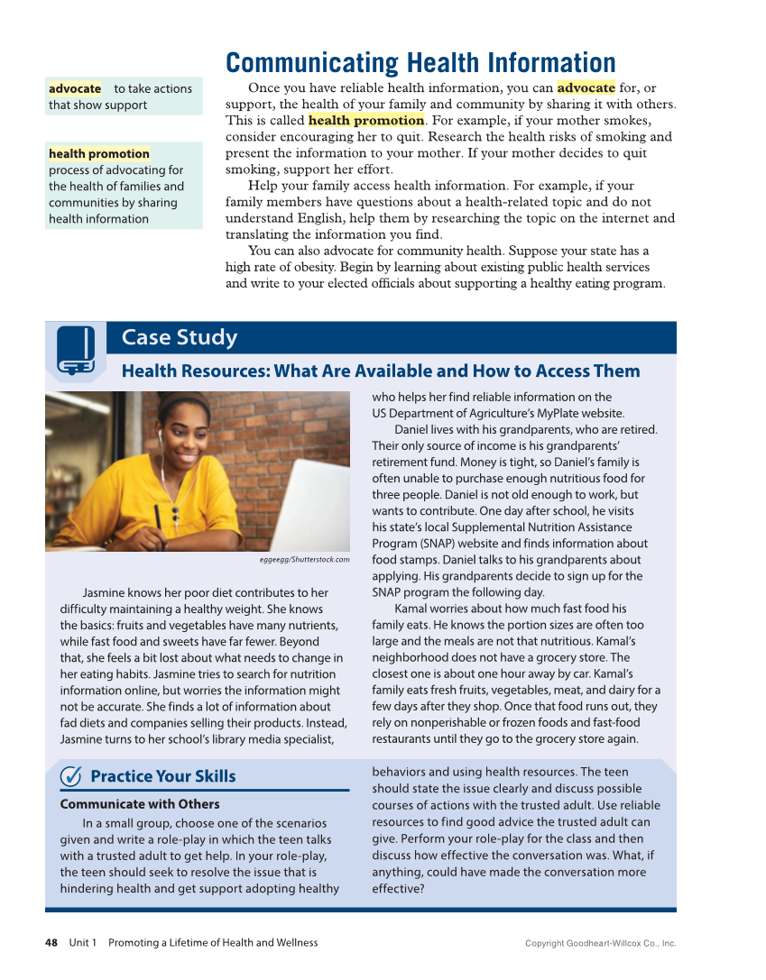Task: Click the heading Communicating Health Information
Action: (x=420, y=63)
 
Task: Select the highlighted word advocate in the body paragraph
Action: (x=586, y=87)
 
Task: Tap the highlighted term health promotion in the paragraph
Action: (x=366, y=120)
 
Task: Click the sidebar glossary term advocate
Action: (x=75, y=88)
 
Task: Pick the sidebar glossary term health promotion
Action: (x=99, y=154)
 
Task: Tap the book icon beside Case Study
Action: (x=76, y=351)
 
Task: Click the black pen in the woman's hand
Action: (x=157, y=520)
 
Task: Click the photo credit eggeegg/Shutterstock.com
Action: (x=303, y=560)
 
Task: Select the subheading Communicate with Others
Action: (x=140, y=804)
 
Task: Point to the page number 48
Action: (x=51, y=943)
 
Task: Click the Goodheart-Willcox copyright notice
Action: (x=600, y=944)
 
